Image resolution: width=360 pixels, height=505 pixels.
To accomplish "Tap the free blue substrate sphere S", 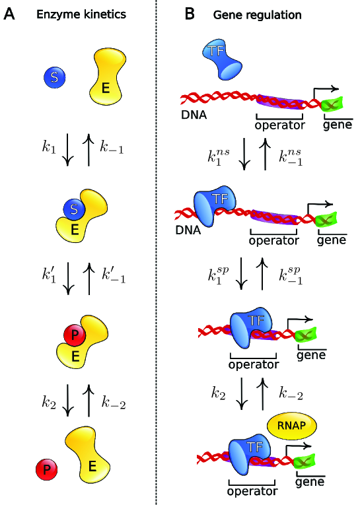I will click(x=55, y=78).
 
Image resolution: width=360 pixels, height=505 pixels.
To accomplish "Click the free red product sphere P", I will click(x=46, y=470).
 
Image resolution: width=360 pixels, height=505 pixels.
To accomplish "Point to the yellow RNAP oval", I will click(x=291, y=426).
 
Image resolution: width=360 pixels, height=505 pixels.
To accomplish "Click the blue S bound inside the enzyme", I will click(x=74, y=209).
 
